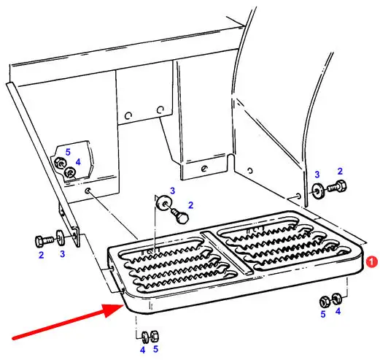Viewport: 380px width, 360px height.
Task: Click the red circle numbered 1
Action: [x=371, y=262]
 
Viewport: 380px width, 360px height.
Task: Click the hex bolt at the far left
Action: [x=44, y=241]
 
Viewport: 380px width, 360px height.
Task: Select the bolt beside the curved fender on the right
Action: [x=337, y=187]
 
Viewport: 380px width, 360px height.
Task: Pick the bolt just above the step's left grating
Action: [x=181, y=215]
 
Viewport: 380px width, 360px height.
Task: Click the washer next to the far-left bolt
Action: [x=60, y=237]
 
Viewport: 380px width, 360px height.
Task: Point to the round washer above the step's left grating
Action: [x=163, y=202]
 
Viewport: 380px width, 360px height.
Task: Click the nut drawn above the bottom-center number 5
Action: [x=155, y=337]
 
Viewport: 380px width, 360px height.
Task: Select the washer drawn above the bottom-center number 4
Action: [x=145, y=337]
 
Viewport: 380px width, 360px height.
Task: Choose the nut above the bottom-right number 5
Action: [x=325, y=302]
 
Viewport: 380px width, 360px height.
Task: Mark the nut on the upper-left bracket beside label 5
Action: [x=59, y=163]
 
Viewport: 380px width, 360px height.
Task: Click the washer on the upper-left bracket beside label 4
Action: [x=70, y=173]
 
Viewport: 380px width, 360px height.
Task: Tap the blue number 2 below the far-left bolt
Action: [x=41, y=255]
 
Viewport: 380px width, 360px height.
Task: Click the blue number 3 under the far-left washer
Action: [x=62, y=254]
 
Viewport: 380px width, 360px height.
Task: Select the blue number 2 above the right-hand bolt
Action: [x=340, y=172]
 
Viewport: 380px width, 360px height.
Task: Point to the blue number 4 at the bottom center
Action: [x=142, y=350]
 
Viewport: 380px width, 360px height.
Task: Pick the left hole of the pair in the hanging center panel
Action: [x=128, y=115]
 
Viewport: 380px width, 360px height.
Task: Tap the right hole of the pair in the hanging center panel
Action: [x=160, y=110]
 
